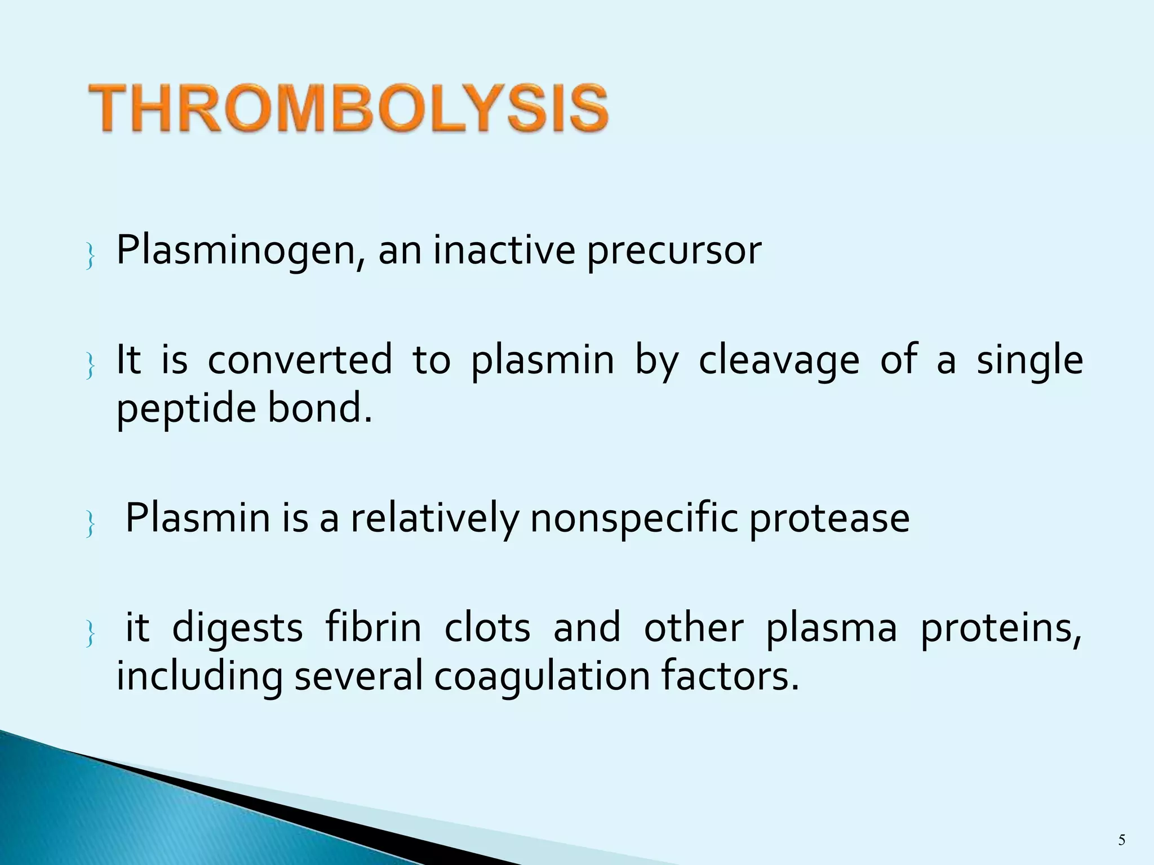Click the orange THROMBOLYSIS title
[348, 108]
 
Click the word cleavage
[779, 360]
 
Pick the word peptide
[187, 409]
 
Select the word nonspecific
[633, 518]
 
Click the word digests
[237, 628]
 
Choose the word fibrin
[373, 627]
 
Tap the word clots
[487, 627]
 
